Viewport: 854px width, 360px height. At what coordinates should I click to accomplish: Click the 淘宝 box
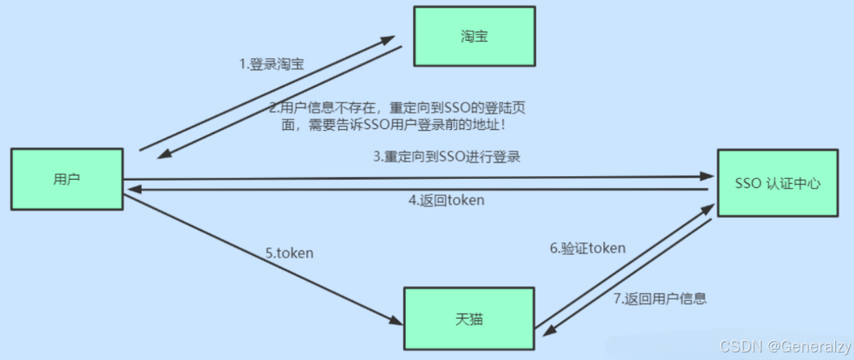pyautogui.click(x=474, y=37)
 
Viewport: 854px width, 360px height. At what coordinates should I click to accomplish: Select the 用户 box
pyautogui.click(x=66, y=179)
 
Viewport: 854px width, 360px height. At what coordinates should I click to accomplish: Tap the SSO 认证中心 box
pyautogui.click(x=777, y=183)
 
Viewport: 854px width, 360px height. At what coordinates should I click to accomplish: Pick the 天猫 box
pyautogui.click(x=469, y=319)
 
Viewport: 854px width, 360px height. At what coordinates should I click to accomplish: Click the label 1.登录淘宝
pyautogui.click(x=272, y=64)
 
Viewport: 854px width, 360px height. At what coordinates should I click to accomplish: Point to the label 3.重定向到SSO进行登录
pyautogui.click(x=447, y=157)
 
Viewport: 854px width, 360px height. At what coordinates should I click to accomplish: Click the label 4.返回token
pyautogui.click(x=446, y=201)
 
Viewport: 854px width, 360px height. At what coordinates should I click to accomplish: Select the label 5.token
pyautogui.click(x=290, y=253)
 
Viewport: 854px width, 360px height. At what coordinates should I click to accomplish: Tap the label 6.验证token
pyautogui.click(x=588, y=248)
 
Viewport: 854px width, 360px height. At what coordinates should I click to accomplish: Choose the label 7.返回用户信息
pyautogui.click(x=660, y=299)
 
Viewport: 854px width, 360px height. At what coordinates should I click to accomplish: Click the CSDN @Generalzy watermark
pyautogui.click(x=784, y=345)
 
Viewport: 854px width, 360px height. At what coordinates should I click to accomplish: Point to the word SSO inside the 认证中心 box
pyautogui.click(x=748, y=184)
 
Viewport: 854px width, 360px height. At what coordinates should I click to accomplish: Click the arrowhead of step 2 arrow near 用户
pyautogui.click(x=164, y=155)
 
